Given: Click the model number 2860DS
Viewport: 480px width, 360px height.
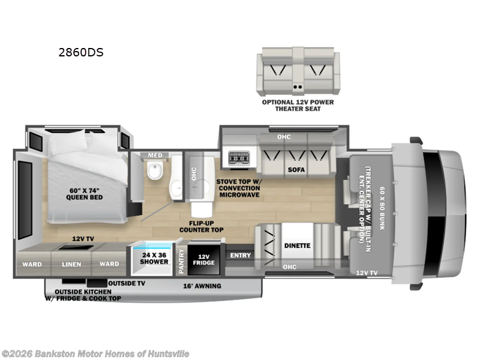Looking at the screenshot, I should (x=80, y=52).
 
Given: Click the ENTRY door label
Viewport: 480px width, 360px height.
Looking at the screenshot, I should (x=240, y=256).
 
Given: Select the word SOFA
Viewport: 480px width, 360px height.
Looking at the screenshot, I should (x=296, y=170).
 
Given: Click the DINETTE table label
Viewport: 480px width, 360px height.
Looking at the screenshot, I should (x=298, y=245).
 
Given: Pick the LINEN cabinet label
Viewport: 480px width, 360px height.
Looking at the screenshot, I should (x=71, y=264).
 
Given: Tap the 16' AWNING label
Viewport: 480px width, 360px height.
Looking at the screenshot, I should (x=202, y=286).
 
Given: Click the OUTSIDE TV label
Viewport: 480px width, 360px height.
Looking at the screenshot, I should (x=127, y=283).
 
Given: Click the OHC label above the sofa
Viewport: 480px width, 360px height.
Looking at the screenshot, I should (x=284, y=137).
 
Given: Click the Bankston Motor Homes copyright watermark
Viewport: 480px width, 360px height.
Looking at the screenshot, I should (x=95, y=354).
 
